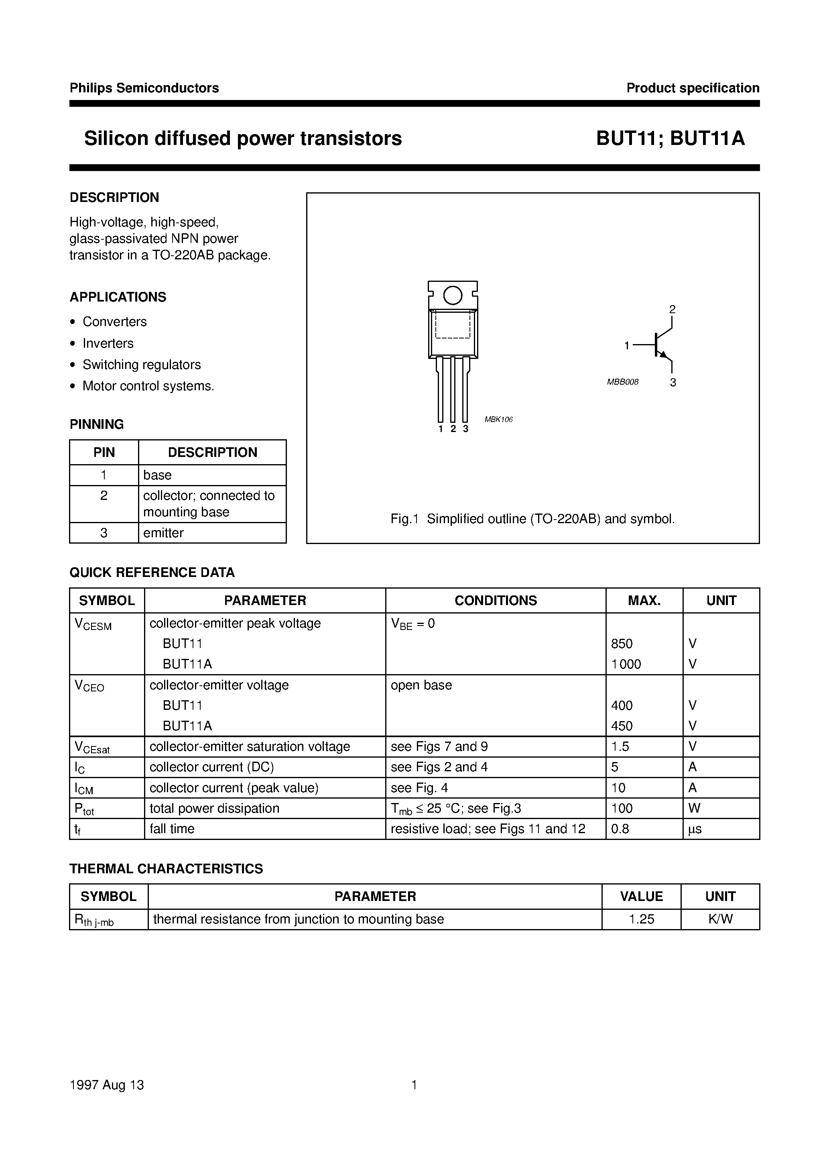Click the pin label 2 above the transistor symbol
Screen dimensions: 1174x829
tap(672, 309)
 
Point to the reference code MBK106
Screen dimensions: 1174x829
tap(498, 419)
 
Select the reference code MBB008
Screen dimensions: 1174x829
tap(622, 382)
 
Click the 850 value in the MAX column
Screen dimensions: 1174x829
tap(622, 644)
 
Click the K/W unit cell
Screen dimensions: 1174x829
tap(720, 919)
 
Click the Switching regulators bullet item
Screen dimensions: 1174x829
tap(142, 365)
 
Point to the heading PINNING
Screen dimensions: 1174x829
tap(97, 424)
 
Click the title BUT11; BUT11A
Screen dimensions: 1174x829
tap(670, 139)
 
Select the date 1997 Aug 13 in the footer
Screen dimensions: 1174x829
tap(107, 1084)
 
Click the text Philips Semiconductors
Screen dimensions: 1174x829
tap(144, 88)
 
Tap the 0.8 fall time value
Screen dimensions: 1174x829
tap(620, 829)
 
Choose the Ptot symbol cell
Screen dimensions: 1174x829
tap(84, 809)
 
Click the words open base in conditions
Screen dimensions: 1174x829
tap(421, 685)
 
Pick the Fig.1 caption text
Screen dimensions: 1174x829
tap(532, 519)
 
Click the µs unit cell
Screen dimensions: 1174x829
tap(695, 829)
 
